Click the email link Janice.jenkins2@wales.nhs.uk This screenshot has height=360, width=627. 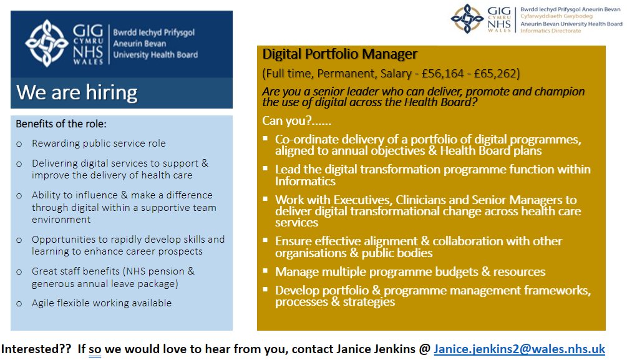pos(519,349)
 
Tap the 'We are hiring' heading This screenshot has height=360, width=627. pos(77,92)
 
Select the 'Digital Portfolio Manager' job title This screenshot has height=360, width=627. pos(339,54)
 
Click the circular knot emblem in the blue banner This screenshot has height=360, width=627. pos(46,42)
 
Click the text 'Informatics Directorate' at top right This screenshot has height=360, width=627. pos(550,31)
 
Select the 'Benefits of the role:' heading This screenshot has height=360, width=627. pos(61,124)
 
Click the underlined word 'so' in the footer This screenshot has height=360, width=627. pos(95,349)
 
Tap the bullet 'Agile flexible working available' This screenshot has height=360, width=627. pos(102,303)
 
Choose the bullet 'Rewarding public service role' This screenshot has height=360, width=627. pos(99,144)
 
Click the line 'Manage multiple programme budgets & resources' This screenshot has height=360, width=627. pos(410,271)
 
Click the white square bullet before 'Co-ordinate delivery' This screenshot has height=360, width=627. pos(266,138)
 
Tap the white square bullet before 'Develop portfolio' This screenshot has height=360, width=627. pos(266,290)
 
